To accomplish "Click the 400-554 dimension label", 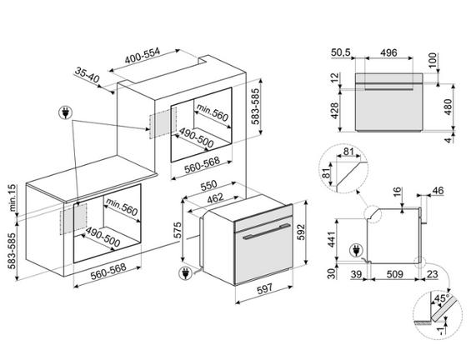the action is pyautogui.click(x=142, y=56).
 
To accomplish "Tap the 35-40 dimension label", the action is pyautogui.click(x=87, y=75).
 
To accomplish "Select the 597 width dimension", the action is pyautogui.click(x=264, y=289).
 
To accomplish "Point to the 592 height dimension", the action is pyautogui.click(x=301, y=232).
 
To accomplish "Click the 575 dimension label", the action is pyautogui.click(x=178, y=230).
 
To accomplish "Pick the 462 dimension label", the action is pyautogui.click(x=215, y=197).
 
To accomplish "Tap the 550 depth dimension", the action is pyautogui.click(x=208, y=185).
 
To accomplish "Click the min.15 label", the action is pyautogui.click(x=12, y=197).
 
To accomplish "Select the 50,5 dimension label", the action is pyautogui.click(x=341, y=52).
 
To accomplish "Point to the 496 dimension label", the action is pyautogui.click(x=388, y=52).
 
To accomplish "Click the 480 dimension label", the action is pyautogui.click(x=448, y=107).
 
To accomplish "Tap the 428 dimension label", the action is pyautogui.click(x=334, y=111).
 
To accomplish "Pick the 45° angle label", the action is pyautogui.click(x=442, y=298).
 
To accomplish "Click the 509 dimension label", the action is pyautogui.click(x=394, y=274).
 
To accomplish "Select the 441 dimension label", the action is pyautogui.click(x=331, y=240).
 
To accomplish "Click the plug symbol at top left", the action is pyautogui.click(x=65, y=112).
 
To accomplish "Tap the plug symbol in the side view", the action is pyautogui.click(x=356, y=250).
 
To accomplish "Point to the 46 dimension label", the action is pyautogui.click(x=438, y=191).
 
